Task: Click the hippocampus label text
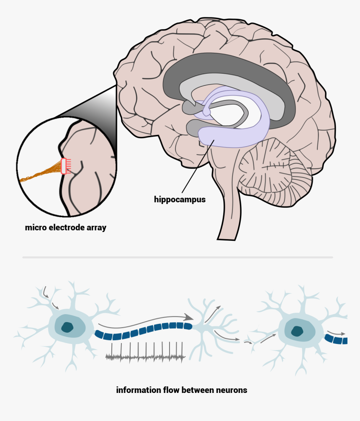point(180,199)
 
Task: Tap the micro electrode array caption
point(65,228)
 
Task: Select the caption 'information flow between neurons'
point(182,390)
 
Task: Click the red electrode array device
point(64,166)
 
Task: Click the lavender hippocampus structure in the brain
point(234,138)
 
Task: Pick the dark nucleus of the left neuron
point(67,327)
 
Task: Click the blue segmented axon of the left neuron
point(142,330)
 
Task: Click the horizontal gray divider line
point(177,257)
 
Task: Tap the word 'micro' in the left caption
point(35,228)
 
